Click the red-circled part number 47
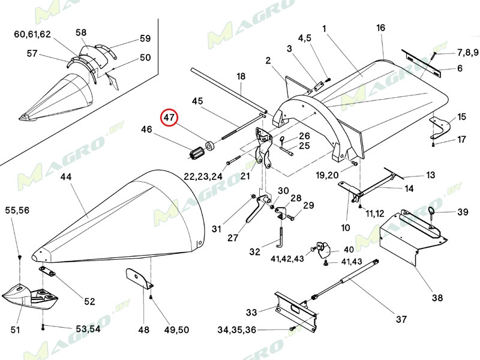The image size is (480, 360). point(170,118)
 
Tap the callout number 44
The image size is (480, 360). point(66,177)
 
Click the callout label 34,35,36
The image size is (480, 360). point(238,329)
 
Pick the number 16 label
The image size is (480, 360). point(380,28)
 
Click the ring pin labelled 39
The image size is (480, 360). point(433,211)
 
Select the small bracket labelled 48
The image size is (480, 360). point(139,278)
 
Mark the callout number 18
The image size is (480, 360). point(241,77)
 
